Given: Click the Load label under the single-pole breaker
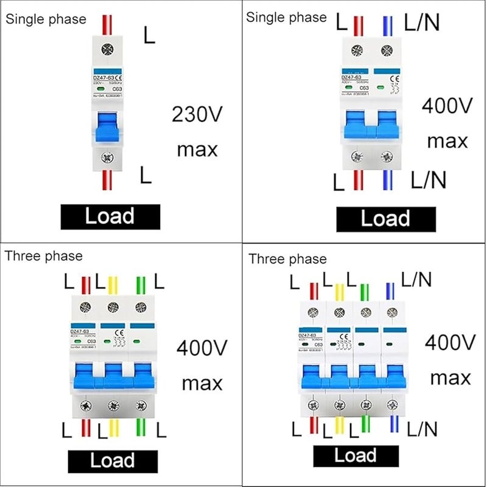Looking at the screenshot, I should [x=110, y=216].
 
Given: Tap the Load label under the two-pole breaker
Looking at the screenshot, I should [x=386, y=219].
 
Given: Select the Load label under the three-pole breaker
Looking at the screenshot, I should [x=113, y=460].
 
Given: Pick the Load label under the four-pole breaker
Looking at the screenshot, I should [x=356, y=455].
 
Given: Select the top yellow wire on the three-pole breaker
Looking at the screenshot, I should [x=112, y=285].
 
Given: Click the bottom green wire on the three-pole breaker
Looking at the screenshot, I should [x=141, y=429].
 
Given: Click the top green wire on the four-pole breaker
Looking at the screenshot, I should [x=365, y=290].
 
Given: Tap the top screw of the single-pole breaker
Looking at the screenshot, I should [x=110, y=50].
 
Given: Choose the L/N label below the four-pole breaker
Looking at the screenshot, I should [x=422, y=430].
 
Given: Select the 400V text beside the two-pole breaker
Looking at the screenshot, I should [x=447, y=106].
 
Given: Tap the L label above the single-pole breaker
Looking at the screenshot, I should [x=149, y=35].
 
